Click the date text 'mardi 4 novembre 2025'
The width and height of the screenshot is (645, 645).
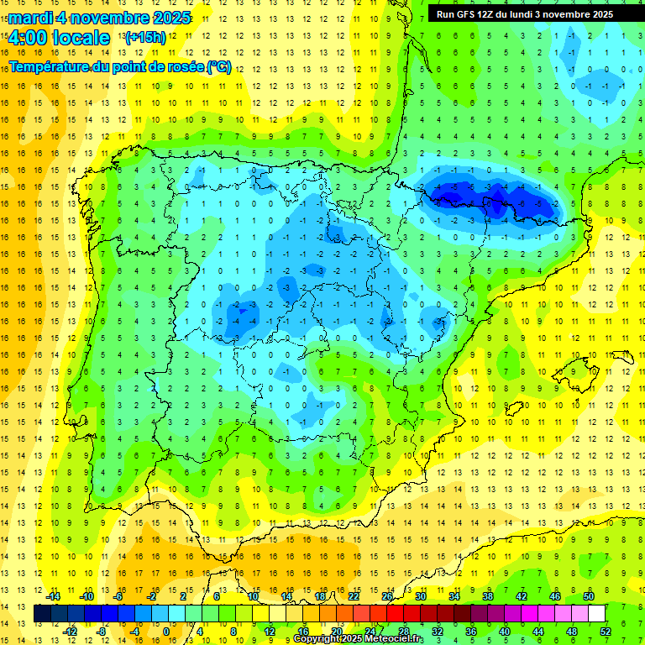[100, 18]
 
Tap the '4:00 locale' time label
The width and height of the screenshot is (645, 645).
[59, 38]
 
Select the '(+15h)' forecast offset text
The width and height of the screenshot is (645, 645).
[145, 38]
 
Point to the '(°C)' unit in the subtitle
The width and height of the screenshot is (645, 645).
[219, 66]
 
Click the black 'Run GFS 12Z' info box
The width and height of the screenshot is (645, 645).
[524, 13]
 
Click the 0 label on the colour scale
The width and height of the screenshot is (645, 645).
[166, 632]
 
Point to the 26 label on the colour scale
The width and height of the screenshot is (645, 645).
[387, 596]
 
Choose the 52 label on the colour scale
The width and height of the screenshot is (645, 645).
[606, 632]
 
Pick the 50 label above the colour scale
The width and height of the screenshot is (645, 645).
[589, 596]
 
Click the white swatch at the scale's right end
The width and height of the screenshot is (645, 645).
[597, 614]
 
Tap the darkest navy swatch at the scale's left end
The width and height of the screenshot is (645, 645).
[42, 614]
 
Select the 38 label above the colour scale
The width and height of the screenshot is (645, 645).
[488, 596]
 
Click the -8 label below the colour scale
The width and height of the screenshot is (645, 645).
[101, 632]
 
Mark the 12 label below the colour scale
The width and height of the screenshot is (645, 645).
[269, 632]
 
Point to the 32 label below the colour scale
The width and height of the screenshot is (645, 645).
[438, 632]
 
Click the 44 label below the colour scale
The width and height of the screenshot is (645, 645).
[538, 632]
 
